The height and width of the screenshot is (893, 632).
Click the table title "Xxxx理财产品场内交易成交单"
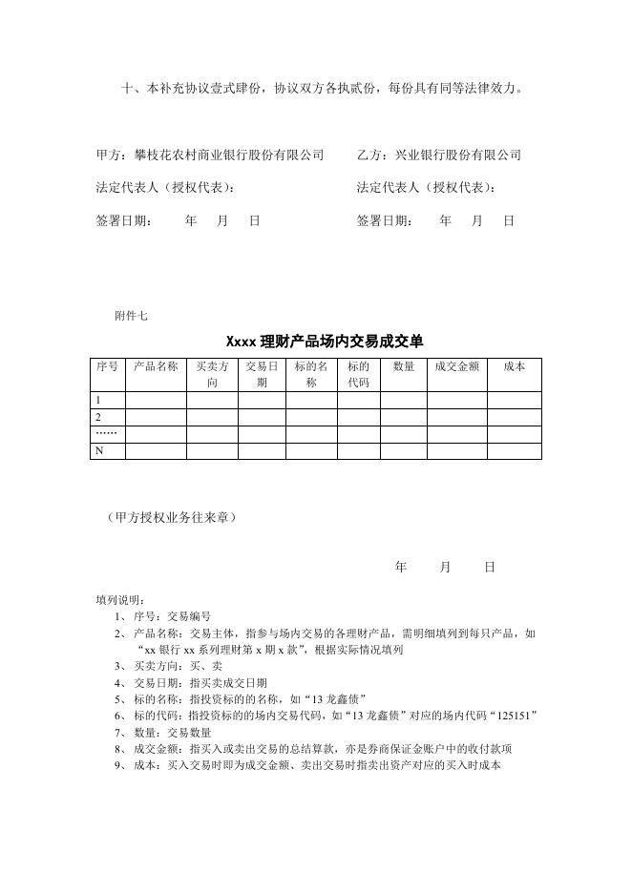[x=325, y=341]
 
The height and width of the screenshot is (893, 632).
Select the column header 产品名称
[x=155, y=366]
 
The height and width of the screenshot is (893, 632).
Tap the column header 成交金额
[x=457, y=366]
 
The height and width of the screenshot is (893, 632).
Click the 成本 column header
[x=514, y=366]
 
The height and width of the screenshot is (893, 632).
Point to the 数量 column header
[x=404, y=366]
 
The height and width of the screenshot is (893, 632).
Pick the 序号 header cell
[x=108, y=366]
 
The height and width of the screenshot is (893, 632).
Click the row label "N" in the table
[x=97, y=451]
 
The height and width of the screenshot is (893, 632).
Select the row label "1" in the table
[x=96, y=400]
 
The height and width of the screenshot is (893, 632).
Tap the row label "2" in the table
[x=96, y=417]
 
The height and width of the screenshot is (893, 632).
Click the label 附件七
[x=131, y=315]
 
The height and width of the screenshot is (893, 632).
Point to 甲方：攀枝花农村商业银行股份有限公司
[x=210, y=155]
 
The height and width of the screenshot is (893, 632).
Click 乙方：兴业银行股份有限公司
[x=439, y=155]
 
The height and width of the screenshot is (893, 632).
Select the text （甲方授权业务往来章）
[x=172, y=517]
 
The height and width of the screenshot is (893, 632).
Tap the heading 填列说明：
[x=121, y=600]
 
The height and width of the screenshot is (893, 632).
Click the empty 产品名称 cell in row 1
[x=155, y=400]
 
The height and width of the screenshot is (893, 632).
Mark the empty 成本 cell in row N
[x=514, y=451]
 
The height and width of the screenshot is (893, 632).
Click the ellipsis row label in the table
[x=105, y=434]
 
